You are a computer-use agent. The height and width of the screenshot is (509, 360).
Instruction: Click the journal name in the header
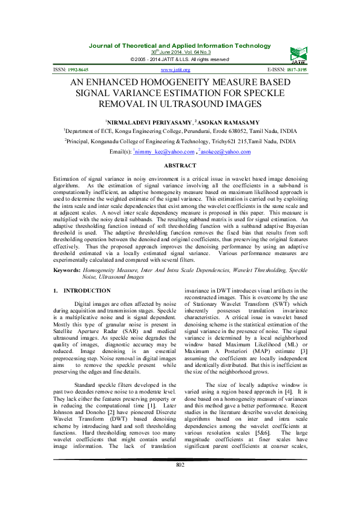point(180,46)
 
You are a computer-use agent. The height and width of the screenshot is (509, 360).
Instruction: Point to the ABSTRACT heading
point(180,166)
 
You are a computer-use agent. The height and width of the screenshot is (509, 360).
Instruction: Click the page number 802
point(180,481)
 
